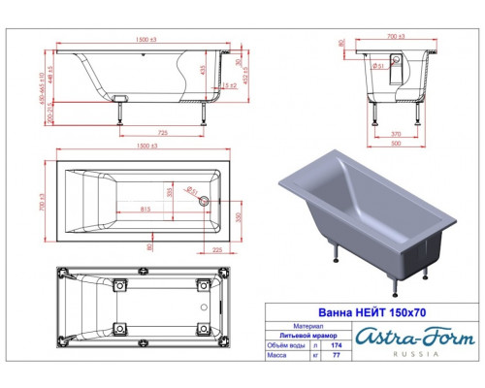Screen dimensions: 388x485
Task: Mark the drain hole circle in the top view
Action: (204, 201)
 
